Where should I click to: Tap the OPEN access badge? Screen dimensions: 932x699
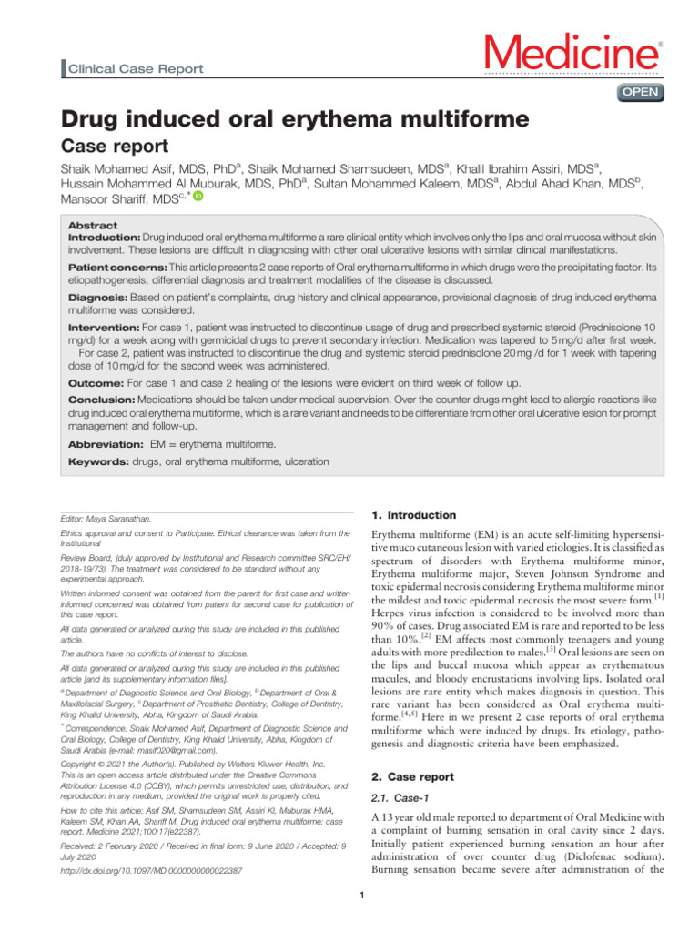[x=640, y=92]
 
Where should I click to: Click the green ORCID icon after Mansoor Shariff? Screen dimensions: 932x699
[x=198, y=196]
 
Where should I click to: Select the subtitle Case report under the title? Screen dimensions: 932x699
[x=114, y=147]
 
